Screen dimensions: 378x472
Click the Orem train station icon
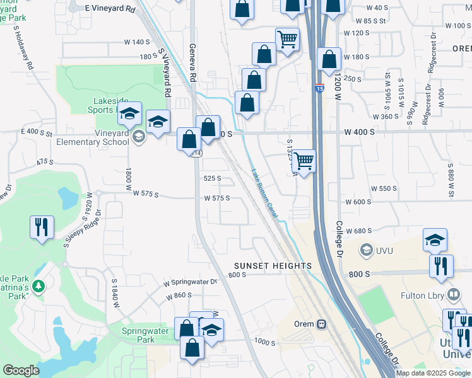(321, 324)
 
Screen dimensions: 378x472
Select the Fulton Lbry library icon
(454, 294)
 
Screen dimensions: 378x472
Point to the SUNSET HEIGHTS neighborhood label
(273, 266)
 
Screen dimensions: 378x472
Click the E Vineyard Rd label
(111, 9)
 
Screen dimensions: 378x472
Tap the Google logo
(20, 370)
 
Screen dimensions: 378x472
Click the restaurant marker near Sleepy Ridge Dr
(42, 227)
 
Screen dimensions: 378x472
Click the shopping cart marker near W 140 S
(287, 40)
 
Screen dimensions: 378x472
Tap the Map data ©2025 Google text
(433, 373)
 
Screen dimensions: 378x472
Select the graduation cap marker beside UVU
(435, 241)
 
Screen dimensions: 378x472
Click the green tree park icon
(39, 287)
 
